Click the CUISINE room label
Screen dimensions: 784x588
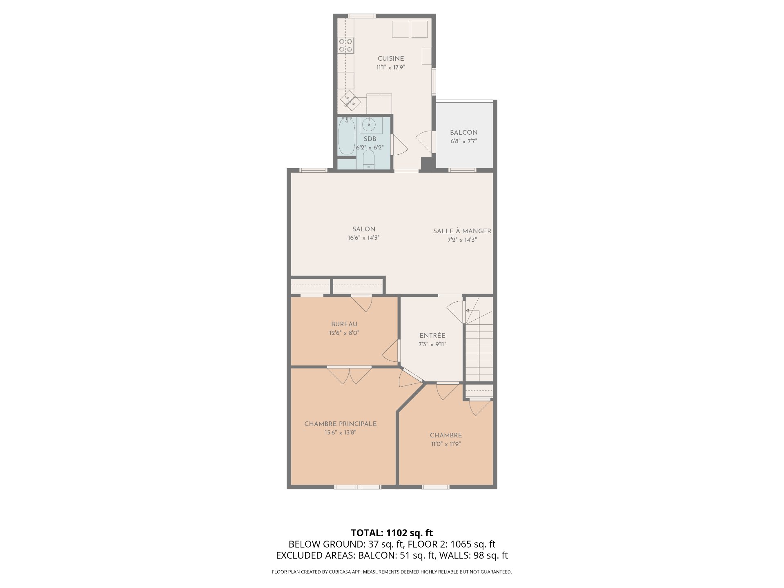[x=391, y=59]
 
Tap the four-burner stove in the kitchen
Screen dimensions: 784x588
[x=346, y=45]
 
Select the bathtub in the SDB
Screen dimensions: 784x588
[x=347, y=136]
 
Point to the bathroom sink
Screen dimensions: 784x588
[x=371, y=124]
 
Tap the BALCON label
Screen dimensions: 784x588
[x=463, y=133]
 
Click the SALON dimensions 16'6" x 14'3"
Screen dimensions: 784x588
[x=364, y=238]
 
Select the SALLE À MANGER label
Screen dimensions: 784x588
[x=462, y=231]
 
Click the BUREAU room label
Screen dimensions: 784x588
[x=344, y=324]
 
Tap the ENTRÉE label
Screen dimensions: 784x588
[x=432, y=335]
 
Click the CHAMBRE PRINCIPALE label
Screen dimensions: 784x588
[x=341, y=424]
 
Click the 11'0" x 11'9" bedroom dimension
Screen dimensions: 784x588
[x=446, y=444]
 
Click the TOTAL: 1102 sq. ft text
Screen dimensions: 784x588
[x=392, y=533]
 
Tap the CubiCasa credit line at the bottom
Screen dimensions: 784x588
[x=392, y=572]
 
